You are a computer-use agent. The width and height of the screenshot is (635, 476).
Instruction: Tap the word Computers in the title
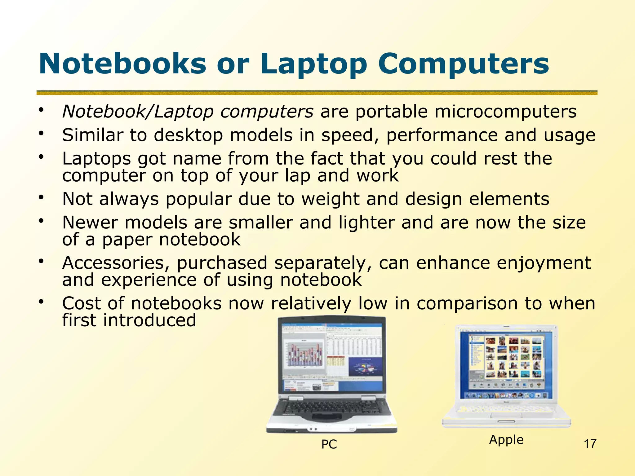pyautogui.click(x=464, y=64)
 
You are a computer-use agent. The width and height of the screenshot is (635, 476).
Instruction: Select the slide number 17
pyautogui.click(x=590, y=444)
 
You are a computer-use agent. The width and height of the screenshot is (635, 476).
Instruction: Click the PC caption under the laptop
pyautogui.click(x=329, y=444)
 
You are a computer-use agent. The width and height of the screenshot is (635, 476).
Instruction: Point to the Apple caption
pyautogui.click(x=506, y=440)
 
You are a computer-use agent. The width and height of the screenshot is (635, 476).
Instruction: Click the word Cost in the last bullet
pyautogui.click(x=81, y=303)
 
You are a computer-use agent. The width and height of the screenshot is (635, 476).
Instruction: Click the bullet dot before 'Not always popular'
pyautogui.click(x=41, y=197)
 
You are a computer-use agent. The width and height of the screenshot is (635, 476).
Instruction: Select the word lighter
pyautogui.click(x=366, y=223)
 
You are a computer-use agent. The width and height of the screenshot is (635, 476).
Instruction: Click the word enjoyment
pyautogui.click(x=544, y=263)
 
